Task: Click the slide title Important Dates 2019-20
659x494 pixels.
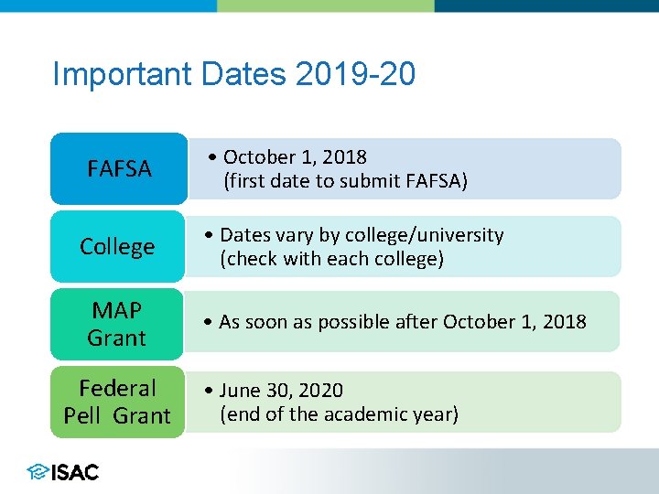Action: (233, 74)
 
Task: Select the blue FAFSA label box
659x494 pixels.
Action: (118, 169)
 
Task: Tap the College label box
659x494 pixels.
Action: (117, 247)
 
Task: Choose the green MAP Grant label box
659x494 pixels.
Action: (117, 324)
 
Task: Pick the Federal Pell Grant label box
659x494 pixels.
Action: (117, 403)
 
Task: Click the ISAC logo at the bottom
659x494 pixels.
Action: (63, 472)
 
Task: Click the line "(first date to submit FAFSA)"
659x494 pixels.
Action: (345, 181)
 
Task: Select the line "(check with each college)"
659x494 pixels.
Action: (331, 259)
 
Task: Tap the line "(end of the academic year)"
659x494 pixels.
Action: (339, 414)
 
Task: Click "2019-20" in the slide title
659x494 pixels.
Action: (356, 74)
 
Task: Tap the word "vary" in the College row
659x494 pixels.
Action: (291, 235)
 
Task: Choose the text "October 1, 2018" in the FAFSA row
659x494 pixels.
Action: (295, 157)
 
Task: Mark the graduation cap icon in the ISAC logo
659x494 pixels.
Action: (38, 472)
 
